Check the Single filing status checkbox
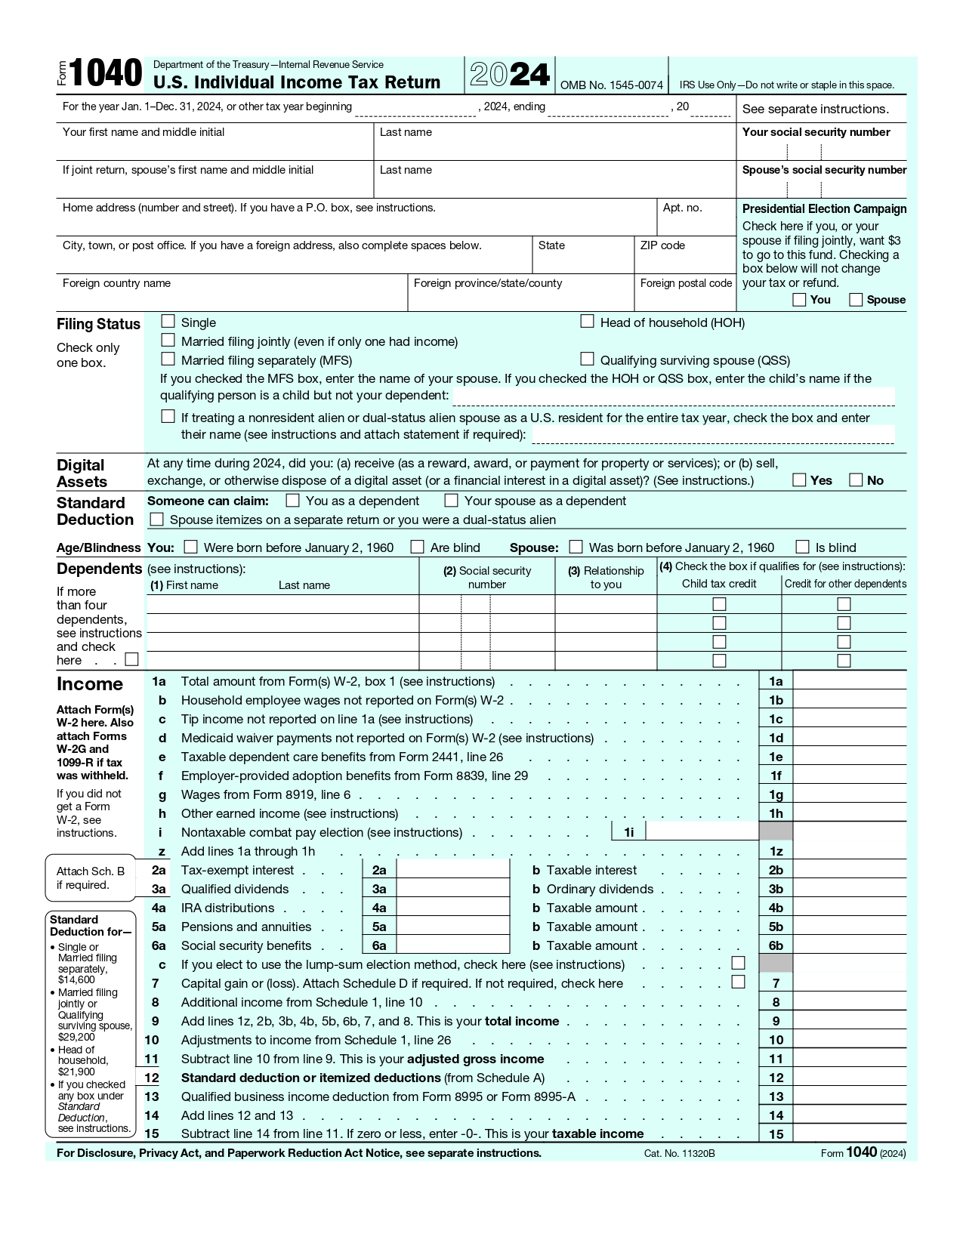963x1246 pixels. click(x=168, y=322)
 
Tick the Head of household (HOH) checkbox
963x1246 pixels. click(x=587, y=322)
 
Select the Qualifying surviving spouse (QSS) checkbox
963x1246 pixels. click(x=587, y=359)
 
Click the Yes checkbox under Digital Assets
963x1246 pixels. click(x=799, y=480)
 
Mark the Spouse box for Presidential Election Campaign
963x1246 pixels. click(x=856, y=300)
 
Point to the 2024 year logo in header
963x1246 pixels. click(x=510, y=75)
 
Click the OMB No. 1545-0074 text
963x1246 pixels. click(x=611, y=85)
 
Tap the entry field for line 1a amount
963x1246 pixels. click(x=849, y=681)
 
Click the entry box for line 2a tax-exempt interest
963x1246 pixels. click(x=452, y=870)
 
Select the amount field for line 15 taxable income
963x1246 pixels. click(x=849, y=1133)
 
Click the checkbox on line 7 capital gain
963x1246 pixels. click(x=739, y=982)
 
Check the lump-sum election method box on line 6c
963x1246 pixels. click(x=739, y=963)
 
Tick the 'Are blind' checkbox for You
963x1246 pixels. click(x=417, y=547)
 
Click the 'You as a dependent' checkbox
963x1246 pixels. click(x=293, y=501)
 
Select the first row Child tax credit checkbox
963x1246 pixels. click(x=719, y=604)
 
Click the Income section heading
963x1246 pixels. click(x=90, y=684)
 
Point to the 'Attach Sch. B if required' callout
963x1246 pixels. click(x=90, y=878)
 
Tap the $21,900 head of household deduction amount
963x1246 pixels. click(x=76, y=1072)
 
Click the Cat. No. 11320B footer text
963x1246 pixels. click(x=679, y=1153)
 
